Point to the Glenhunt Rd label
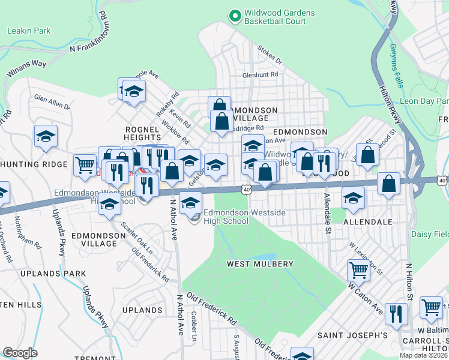(260, 75)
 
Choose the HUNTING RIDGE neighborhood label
(34, 164)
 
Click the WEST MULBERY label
(259, 264)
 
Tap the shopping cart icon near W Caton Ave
(358, 271)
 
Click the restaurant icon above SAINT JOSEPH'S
(396, 313)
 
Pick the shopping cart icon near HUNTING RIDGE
(85, 164)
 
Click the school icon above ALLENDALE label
(354, 196)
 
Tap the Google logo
(20, 353)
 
